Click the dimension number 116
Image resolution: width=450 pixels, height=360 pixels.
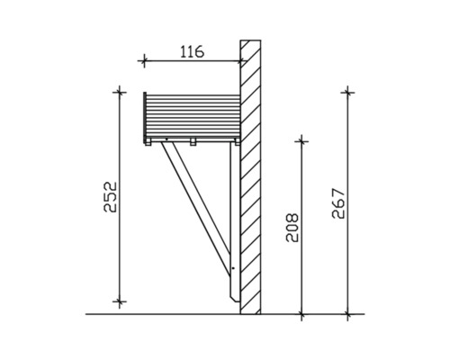191,51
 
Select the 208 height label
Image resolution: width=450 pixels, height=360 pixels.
288,230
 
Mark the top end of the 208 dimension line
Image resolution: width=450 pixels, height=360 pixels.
301,140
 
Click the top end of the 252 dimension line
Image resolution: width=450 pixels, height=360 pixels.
118,92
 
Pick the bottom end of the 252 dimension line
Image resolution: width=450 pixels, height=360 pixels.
118,301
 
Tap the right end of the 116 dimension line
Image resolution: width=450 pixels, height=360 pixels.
241,61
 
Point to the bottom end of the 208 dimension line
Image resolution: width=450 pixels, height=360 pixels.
301,314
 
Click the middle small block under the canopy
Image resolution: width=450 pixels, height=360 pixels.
193,141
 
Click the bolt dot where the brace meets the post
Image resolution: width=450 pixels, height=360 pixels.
233,268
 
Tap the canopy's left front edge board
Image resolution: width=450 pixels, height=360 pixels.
144,116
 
